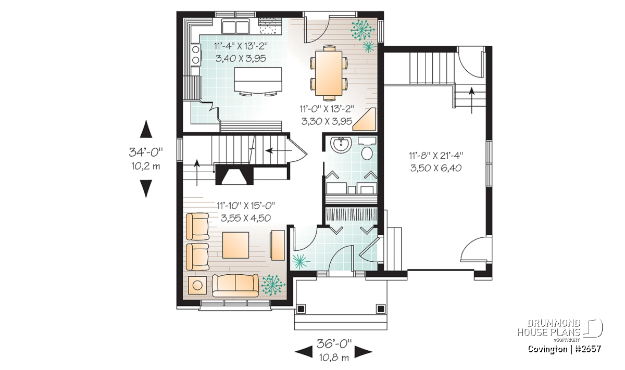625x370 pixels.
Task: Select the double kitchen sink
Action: pos(236,27)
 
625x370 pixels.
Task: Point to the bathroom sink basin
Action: pos(340,145)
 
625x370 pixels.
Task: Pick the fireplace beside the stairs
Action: pos(234,174)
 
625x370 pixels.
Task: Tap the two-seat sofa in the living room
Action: pos(235,285)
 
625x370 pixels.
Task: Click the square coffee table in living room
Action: pos(235,245)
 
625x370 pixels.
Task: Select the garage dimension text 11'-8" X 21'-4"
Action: pos(436,155)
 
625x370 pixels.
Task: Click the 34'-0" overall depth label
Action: pos(146,152)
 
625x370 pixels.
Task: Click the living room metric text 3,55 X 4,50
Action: pos(246,218)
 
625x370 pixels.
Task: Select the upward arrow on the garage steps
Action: pos(471,100)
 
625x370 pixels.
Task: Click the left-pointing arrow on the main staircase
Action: pos(279,151)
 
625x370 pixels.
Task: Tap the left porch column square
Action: pos(301,309)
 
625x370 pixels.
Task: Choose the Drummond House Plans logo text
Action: pos(549,328)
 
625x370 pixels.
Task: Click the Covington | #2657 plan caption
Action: pos(565,349)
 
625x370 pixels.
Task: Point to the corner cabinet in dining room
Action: pos(364,119)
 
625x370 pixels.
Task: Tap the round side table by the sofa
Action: pos(197,285)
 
